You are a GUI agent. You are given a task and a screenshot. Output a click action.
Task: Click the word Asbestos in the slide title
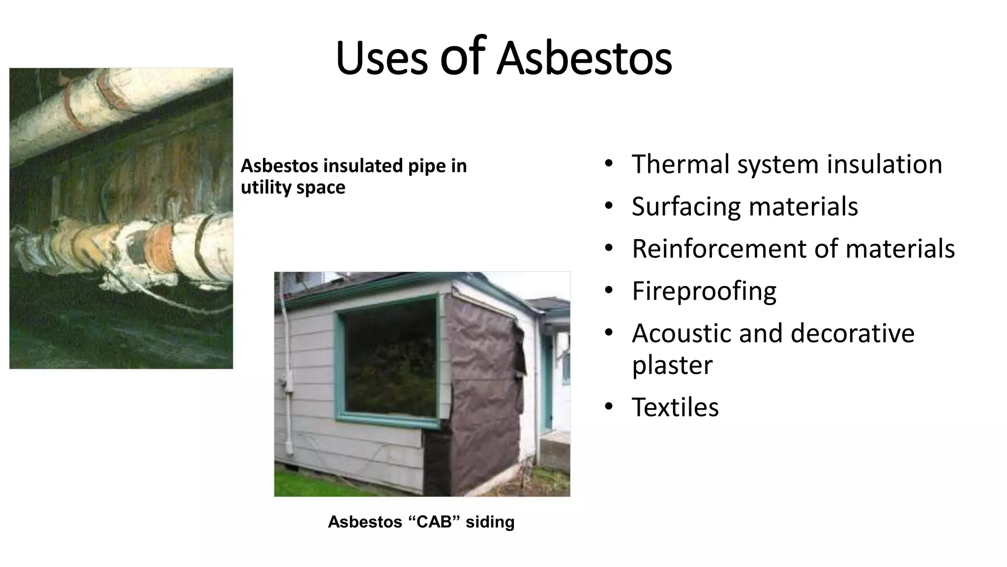(584, 58)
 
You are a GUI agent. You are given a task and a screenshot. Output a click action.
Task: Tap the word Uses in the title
(382, 58)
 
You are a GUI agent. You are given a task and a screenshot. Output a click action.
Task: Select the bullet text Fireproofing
(704, 291)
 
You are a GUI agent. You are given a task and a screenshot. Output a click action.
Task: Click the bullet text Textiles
(675, 408)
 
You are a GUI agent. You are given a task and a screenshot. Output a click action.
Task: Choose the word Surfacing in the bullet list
(685, 207)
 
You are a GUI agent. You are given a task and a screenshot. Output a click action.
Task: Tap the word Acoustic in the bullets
(681, 333)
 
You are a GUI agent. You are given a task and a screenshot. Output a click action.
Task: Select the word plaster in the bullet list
(672, 366)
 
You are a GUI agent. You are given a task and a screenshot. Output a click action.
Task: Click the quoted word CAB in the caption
(434, 522)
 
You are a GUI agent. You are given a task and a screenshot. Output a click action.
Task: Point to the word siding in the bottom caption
(490, 522)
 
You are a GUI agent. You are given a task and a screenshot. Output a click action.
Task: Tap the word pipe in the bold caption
(426, 166)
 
